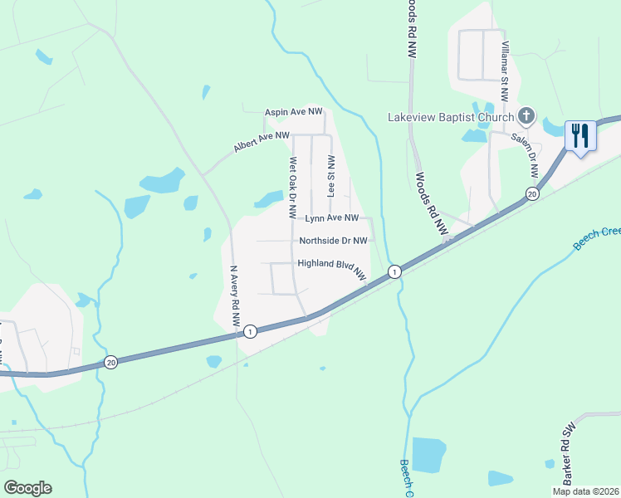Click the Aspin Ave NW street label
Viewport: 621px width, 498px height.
pos(293,111)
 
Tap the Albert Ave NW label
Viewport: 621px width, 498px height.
pos(262,140)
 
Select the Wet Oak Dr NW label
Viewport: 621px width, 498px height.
pos(292,189)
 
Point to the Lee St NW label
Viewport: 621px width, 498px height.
pos(331,174)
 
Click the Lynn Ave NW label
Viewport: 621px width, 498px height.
pos(331,218)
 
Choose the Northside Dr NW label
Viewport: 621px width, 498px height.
pos(333,241)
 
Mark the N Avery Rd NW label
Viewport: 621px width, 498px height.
pos(235,294)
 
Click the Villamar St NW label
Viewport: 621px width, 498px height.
pos(504,71)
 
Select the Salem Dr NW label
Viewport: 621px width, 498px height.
pos(525,155)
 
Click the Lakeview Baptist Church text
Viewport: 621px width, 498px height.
pos(450,116)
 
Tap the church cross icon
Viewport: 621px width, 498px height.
pos(526,115)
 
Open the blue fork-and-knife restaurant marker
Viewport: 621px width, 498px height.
pos(579,134)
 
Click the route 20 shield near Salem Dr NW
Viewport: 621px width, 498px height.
pos(531,194)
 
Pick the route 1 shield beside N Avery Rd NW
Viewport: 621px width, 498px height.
pos(250,332)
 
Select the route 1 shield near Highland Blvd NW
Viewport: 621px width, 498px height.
pos(395,271)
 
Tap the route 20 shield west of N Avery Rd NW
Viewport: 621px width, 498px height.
pos(111,362)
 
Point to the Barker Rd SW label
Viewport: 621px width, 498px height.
pos(569,466)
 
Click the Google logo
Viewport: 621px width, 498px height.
pos(27,488)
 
